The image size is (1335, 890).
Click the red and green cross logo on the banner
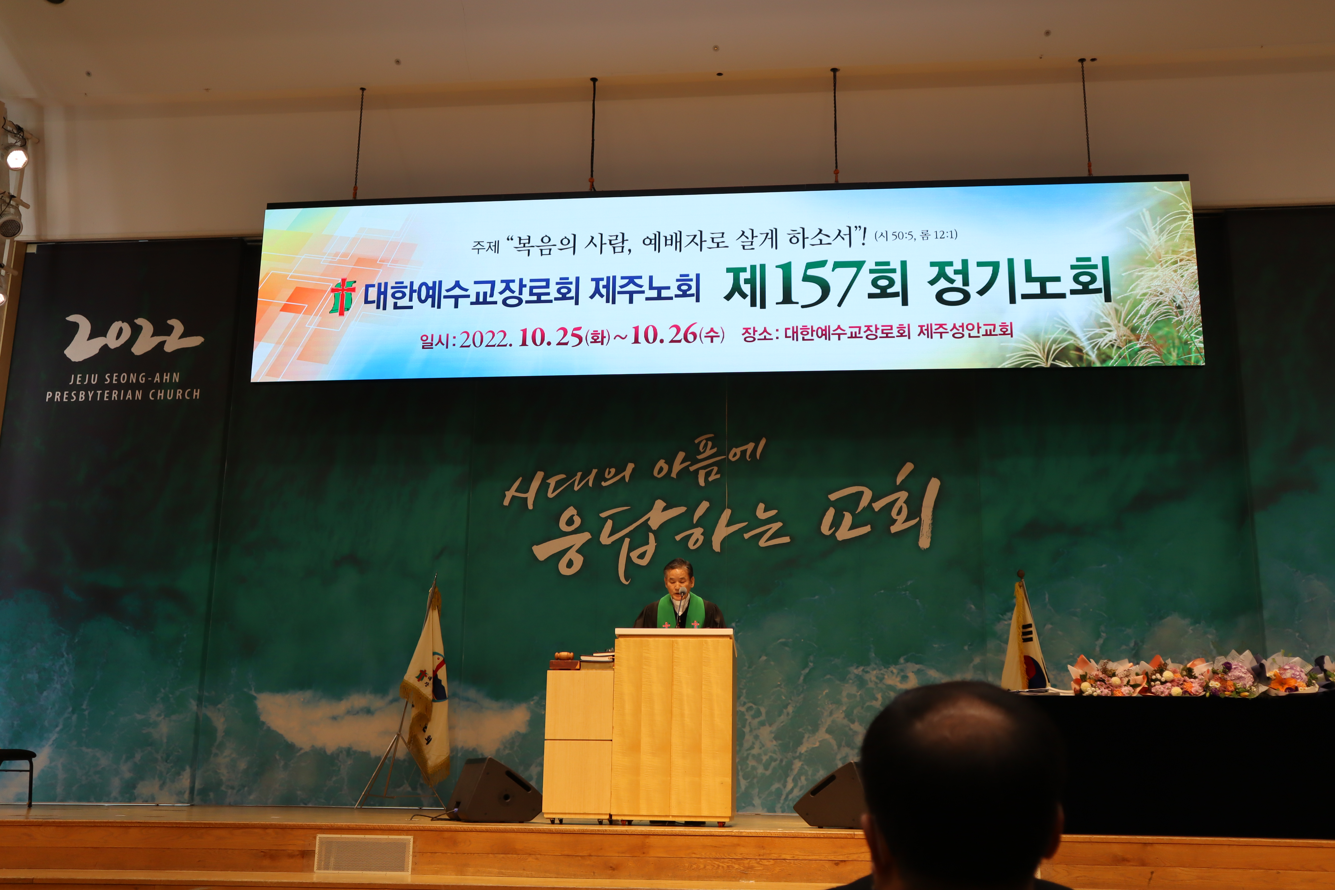click(343, 296)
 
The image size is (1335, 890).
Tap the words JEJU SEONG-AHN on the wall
click(124, 378)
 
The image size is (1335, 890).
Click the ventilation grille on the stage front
click(363, 853)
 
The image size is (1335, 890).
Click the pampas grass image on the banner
click(1130, 295)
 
